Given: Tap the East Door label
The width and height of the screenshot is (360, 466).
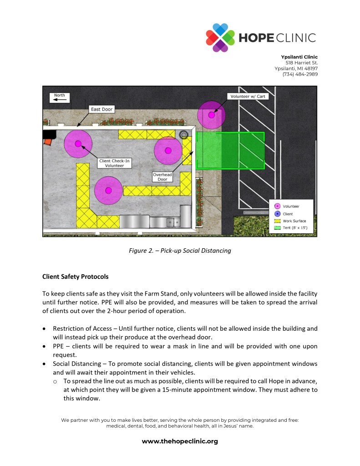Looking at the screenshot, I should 101,109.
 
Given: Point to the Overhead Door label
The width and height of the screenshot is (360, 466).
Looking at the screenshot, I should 162,177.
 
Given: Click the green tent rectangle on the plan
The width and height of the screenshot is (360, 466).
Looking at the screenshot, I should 230,151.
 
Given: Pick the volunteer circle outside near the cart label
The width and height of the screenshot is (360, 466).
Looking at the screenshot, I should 211,115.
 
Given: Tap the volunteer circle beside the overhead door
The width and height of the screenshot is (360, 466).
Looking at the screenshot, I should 168,150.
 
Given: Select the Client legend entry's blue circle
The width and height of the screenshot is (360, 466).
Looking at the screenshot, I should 277,214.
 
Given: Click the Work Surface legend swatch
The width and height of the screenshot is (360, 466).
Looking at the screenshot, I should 277,220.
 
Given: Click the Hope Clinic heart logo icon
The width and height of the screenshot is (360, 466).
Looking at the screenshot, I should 220,37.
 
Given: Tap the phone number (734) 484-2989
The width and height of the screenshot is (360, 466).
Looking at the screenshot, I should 300,74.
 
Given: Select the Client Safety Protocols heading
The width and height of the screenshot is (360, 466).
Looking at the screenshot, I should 75,276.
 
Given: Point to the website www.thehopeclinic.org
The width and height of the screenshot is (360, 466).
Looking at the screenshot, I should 180,441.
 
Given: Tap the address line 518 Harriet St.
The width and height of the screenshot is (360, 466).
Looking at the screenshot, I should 301,62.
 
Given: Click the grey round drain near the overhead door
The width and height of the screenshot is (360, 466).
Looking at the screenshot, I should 184,134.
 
